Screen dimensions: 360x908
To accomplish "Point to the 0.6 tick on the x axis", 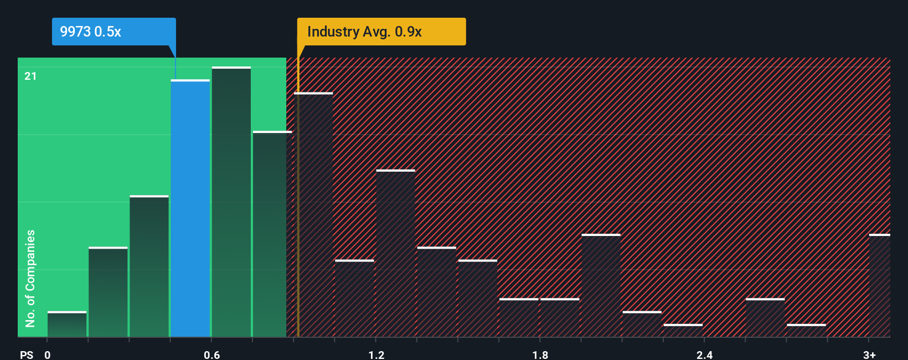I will point(211,354).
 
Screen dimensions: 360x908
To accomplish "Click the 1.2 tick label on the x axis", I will point(376,354).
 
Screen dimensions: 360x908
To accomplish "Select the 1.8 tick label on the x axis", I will point(540,354).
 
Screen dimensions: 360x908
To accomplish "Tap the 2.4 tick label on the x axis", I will point(704,354).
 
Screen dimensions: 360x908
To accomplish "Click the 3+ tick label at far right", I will point(869,354).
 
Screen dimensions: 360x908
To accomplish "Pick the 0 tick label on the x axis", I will point(48,354).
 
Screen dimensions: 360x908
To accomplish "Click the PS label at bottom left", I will point(27,354).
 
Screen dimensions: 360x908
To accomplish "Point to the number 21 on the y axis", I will point(30,76).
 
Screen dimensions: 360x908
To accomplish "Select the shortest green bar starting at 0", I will point(67,325).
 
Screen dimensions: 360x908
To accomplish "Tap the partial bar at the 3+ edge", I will point(880,286).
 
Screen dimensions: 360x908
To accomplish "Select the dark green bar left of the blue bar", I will point(149,266).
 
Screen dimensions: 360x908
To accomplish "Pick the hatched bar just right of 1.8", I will point(560,318).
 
